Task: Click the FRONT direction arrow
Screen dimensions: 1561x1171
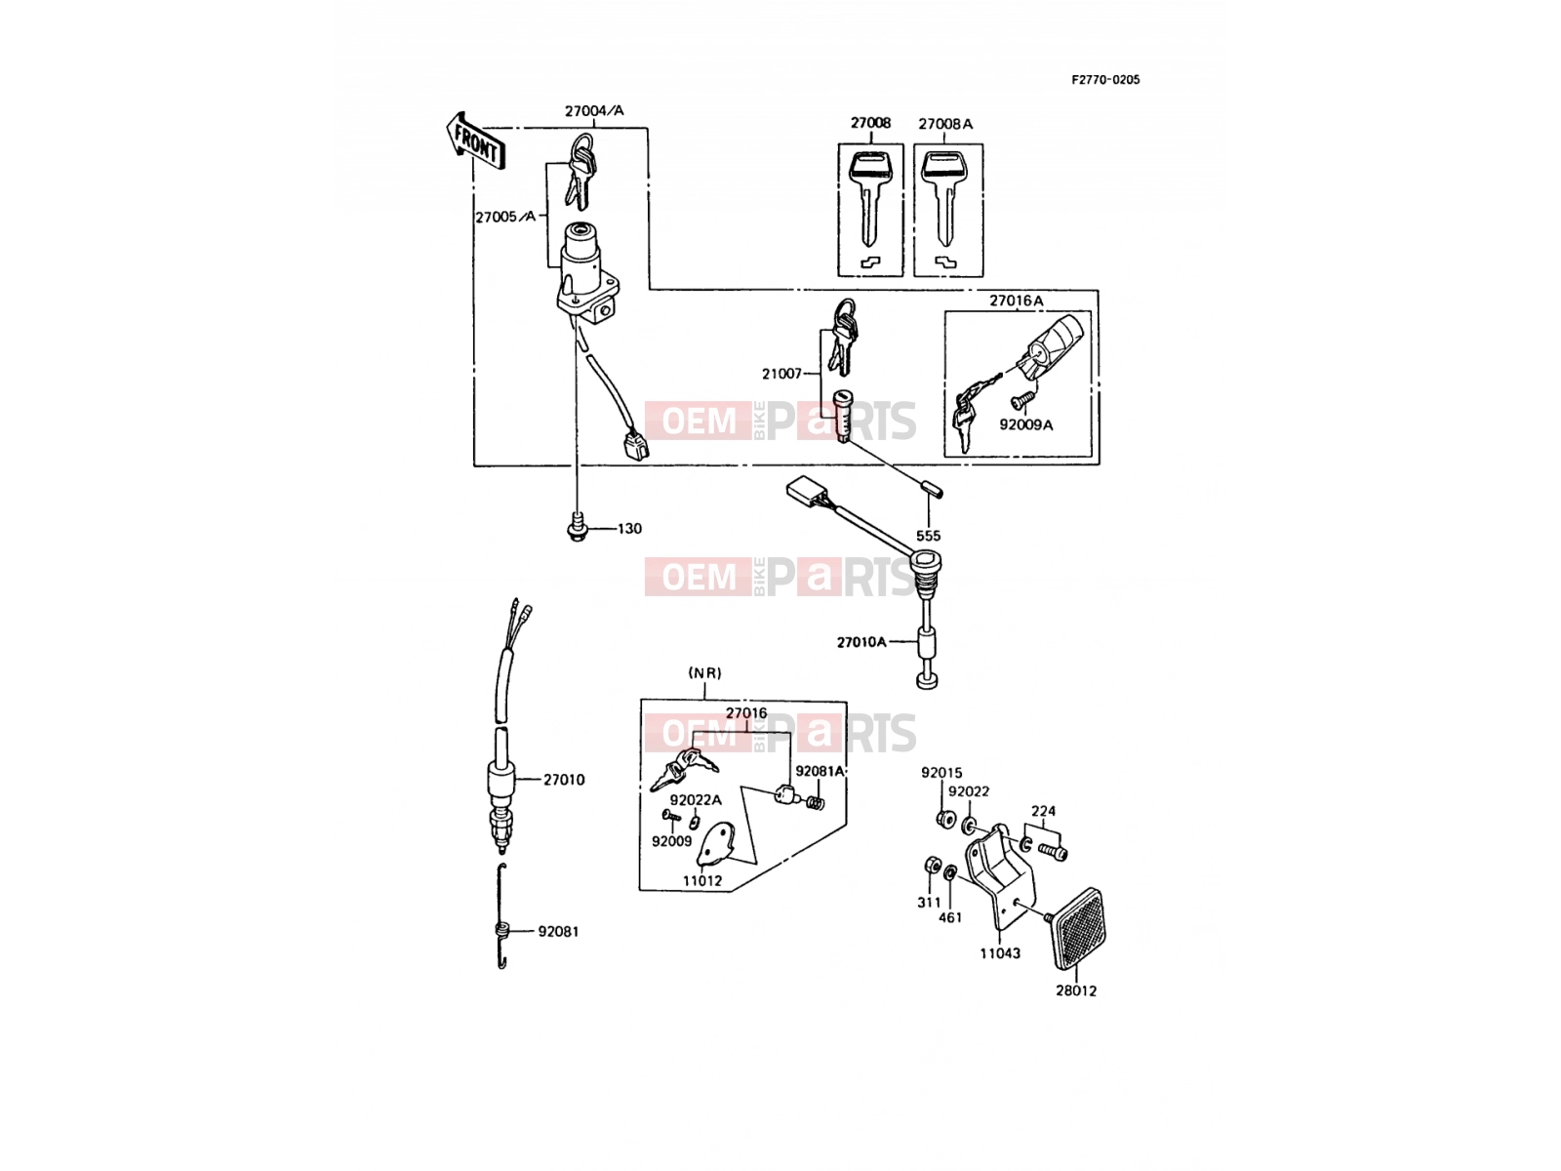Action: (x=475, y=141)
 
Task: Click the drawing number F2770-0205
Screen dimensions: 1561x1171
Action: (x=1105, y=80)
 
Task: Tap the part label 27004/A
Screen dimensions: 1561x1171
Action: (x=594, y=111)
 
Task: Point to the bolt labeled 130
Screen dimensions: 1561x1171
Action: (x=578, y=528)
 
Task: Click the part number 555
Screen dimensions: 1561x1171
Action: (x=928, y=536)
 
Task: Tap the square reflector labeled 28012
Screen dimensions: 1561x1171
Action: (x=1078, y=928)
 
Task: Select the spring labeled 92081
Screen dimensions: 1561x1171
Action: (x=501, y=917)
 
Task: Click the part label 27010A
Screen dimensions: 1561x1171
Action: (x=861, y=642)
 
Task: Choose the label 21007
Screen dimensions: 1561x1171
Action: (x=781, y=374)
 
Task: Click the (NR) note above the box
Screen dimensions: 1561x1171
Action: (x=704, y=672)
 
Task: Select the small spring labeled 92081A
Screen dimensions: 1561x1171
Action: (x=818, y=803)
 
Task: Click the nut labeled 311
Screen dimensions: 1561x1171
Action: (x=932, y=866)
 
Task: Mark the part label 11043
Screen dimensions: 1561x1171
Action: (x=1000, y=953)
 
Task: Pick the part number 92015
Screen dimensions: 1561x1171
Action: (x=941, y=772)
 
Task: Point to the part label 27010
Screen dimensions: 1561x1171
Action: (x=564, y=780)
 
